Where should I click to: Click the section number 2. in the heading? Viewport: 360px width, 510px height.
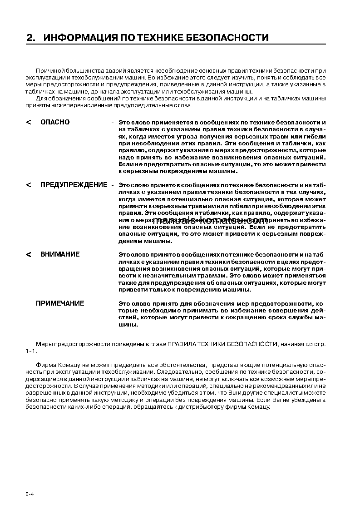[x=31, y=38]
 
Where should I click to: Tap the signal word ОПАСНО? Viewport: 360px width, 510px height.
[x=55, y=122]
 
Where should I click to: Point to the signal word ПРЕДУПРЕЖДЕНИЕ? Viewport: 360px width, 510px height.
[x=74, y=185]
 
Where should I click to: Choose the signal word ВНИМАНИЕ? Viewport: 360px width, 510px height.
[x=60, y=254]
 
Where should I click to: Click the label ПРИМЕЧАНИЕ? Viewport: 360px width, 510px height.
[x=60, y=303]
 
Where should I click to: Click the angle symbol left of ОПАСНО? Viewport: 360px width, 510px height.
[x=29, y=123]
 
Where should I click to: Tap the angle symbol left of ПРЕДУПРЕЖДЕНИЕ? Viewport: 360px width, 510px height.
[x=29, y=185]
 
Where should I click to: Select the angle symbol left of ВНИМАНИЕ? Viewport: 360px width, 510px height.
[x=29, y=255]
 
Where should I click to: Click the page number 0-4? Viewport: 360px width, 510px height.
[x=30, y=494]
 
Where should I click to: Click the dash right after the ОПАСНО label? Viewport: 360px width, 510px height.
[x=112, y=123]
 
